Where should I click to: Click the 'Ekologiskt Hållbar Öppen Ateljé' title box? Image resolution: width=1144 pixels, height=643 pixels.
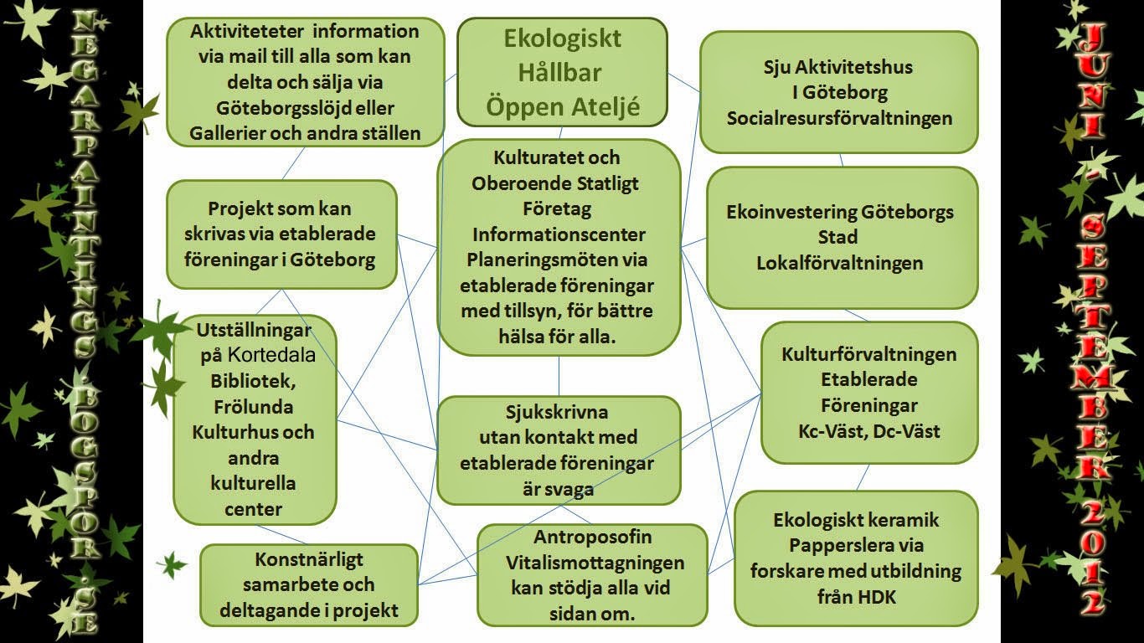tap(561, 73)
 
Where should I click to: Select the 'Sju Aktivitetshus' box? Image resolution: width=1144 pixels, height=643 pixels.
tap(839, 92)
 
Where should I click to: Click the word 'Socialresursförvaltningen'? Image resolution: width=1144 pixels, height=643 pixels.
tap(839, 118)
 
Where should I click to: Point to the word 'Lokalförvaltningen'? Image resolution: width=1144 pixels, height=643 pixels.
tap(839, 263)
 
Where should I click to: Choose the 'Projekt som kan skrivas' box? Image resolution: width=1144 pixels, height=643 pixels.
tap(281, 234)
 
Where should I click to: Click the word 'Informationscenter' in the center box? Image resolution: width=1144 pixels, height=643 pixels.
tap(559, 234)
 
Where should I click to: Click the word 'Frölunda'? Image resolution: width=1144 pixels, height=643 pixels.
tap(253, 407)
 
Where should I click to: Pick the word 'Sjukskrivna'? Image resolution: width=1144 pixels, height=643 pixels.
tap(557, 412)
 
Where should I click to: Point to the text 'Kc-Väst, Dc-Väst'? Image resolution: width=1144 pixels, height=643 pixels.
tap(868, 432)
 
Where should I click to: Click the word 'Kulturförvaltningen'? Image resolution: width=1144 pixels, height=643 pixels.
tap(868, 354)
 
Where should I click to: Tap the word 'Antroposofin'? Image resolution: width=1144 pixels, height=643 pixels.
tap(592, 537)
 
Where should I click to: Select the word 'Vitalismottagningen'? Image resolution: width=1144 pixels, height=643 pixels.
tap(592, 563)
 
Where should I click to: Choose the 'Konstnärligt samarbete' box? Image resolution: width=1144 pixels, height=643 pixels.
tap(308, 584)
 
